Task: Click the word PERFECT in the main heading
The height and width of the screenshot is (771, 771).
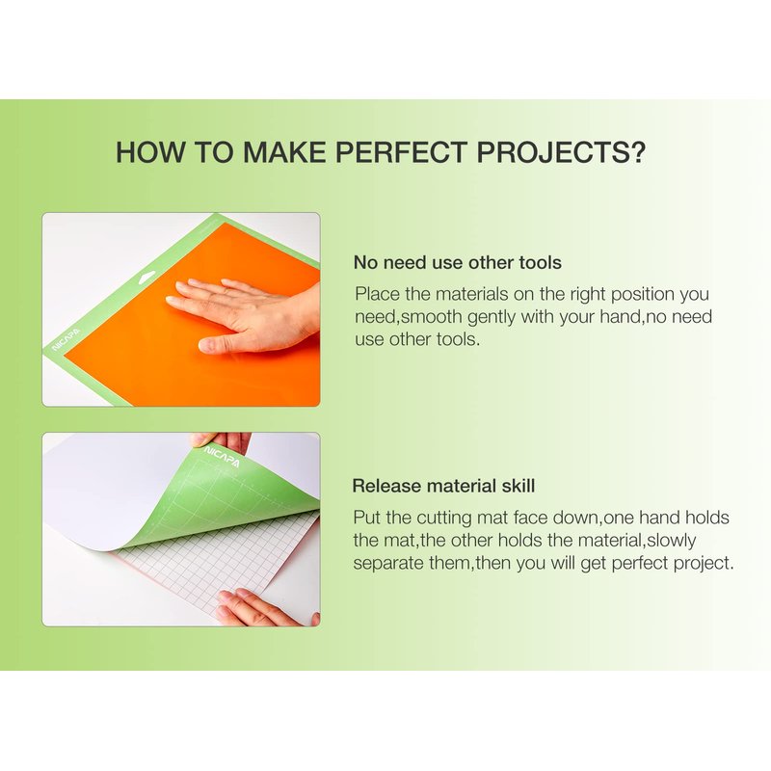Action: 401,152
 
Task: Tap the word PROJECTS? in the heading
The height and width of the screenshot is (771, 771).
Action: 561,152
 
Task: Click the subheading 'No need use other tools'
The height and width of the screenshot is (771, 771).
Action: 457,262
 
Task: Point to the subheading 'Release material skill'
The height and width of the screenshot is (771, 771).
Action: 443,486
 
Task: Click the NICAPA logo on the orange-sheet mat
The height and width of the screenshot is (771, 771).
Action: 67,339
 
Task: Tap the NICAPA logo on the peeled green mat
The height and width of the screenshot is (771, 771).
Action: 223,457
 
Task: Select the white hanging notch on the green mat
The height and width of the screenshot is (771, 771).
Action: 146,276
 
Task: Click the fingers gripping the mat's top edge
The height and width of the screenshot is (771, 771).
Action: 222,441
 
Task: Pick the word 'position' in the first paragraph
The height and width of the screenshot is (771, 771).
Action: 643,295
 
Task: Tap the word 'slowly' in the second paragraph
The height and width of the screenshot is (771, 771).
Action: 671,541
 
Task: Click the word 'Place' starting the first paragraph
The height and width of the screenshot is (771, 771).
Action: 378,294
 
